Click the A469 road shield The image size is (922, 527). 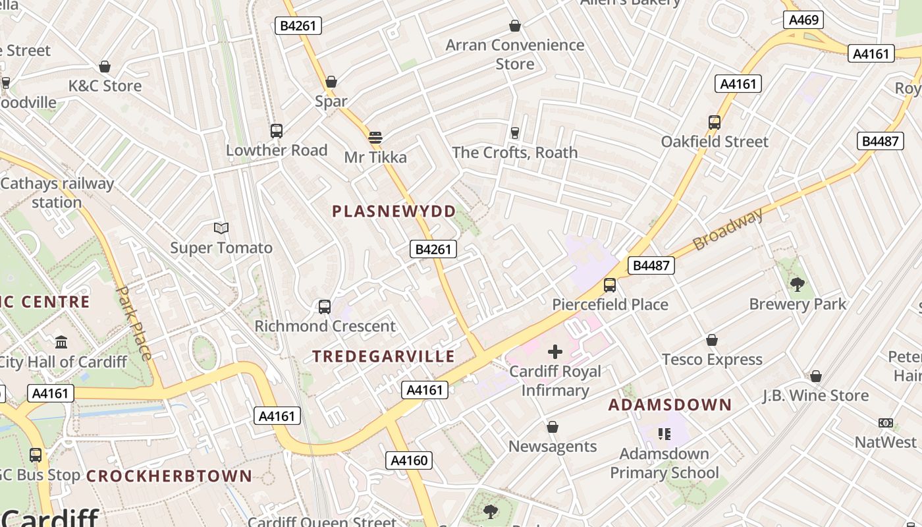point(803,20)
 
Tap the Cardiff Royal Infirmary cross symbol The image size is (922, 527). point(555,352)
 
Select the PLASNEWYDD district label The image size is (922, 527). point(394,211)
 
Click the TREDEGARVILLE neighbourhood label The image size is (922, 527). point(383,356)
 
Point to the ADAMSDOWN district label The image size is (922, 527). point(670,404)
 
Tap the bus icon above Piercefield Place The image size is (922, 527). point(610,285)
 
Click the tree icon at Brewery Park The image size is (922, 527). point(797,285)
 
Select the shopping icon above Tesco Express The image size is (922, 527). point(711,340)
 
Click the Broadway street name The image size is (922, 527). point(728,229)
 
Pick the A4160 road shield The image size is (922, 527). point(409,460)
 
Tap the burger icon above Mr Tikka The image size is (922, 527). point(375,138)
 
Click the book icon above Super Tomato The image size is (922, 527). point(221,229)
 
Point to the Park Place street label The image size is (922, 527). point(134,323)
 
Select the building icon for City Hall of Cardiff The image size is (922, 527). point(61,342)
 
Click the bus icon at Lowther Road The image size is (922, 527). point(277,130)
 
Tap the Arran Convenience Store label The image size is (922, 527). point(514,54)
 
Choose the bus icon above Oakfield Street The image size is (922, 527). point(715,122)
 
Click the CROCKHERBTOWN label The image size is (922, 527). point(169,476)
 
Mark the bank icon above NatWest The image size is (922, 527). point(886,422)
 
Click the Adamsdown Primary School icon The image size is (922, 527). point(664,433)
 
